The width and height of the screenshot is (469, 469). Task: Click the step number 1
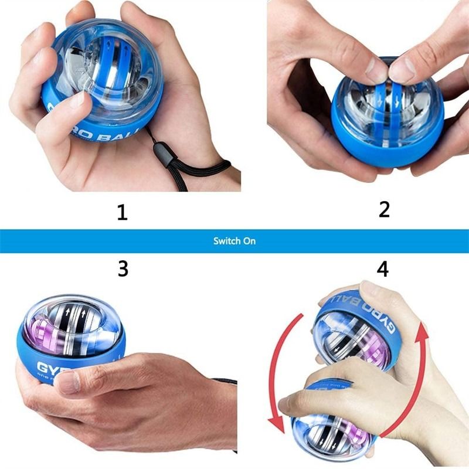click(122, 212)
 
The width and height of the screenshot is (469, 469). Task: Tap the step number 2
click(384, 209)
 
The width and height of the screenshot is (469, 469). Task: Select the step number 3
click(123, 269)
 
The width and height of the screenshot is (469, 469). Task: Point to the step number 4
click(382, 269)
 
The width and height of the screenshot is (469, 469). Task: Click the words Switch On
click(235, 241)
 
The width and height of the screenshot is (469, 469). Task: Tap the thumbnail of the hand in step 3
click(69, 382)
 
